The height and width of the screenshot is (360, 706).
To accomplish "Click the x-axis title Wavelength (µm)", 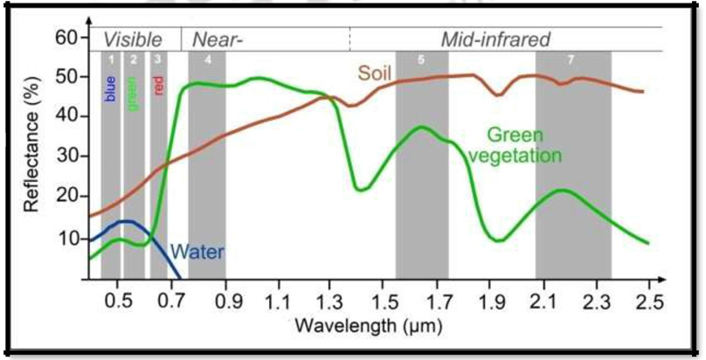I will coord(368,327).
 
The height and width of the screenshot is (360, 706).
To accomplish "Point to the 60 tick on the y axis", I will coord(66,38).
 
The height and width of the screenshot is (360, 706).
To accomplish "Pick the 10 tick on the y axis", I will coord(66,238).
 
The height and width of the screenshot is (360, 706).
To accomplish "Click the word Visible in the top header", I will coord(133,39).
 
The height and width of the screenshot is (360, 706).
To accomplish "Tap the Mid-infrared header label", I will coord(495,39).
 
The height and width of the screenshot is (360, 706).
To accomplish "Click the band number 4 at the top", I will coord(207,59).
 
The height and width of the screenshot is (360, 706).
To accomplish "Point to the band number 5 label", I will coord(421,59).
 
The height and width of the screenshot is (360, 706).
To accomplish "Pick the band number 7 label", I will coord(571,59).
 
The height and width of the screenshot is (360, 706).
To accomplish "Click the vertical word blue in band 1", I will coord(111,87).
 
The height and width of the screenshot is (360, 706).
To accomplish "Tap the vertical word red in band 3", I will coord(158,85).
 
